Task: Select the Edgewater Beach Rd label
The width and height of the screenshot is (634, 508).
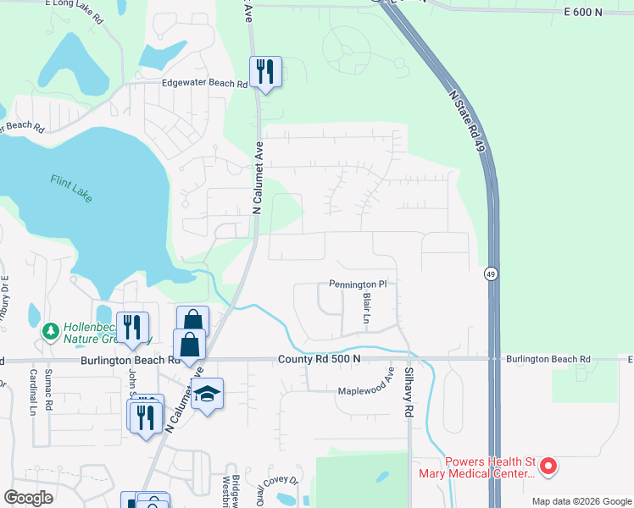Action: [205, 84]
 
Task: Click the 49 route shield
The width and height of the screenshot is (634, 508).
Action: [491, 273]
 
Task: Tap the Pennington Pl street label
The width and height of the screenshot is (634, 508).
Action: [358, 284]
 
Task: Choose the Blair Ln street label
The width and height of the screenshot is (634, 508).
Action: [366, 308]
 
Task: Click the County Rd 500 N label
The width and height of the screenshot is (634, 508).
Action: [320, 359]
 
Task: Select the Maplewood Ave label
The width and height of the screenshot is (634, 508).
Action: [367, 390]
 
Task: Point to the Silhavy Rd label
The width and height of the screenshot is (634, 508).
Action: [409, 396]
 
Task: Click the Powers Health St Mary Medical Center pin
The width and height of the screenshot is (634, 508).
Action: [548, 465]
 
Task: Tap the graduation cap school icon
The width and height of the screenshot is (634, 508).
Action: [206, 394]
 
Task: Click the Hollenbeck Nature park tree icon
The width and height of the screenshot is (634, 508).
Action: [51, 329]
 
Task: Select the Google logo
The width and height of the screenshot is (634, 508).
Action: [30, 498]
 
